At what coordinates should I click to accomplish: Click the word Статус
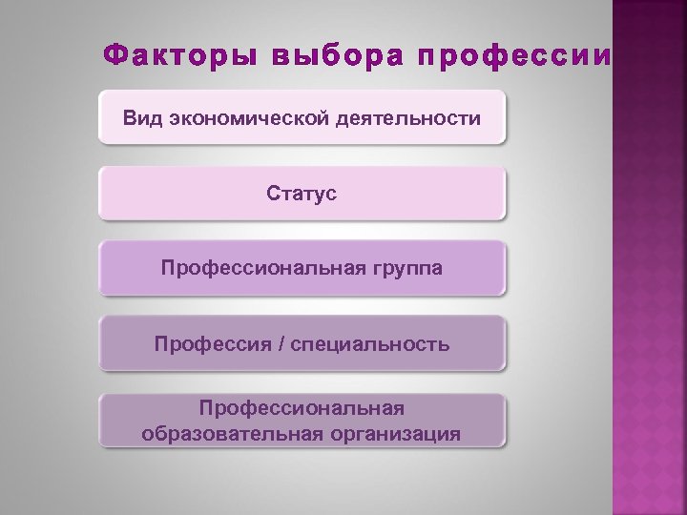(302, 194)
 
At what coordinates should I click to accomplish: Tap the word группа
(403, 268)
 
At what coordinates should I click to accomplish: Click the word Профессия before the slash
(208, 343)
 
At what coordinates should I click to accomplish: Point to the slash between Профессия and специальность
(279, 343)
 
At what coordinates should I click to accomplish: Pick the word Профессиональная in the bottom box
(302, 408)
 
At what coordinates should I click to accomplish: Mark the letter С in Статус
(274, 194)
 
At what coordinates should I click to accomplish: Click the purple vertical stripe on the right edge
(650, 286)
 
